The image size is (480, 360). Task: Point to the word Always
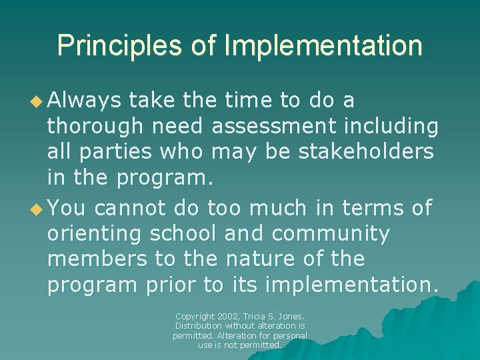tap(85, 101)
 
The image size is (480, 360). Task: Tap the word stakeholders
tap(365, 151)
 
